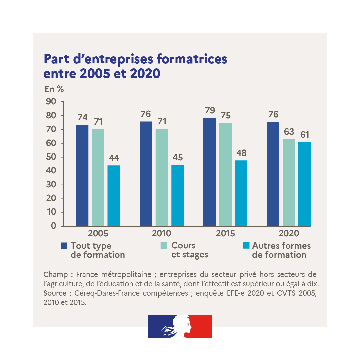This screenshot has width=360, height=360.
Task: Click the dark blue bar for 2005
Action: [82, 176]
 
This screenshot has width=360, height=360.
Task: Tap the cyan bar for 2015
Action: [241, 193]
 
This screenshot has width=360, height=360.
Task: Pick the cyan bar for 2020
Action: [304, 184]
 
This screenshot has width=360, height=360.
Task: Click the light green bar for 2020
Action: [289, 183]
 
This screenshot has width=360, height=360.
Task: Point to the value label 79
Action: [210, 110]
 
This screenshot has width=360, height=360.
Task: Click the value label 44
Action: [114, 158]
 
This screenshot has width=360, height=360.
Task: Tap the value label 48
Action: [241, 153]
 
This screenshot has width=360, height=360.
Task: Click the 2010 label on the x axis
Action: [161, 233]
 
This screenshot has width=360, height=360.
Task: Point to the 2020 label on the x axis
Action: [289, 233]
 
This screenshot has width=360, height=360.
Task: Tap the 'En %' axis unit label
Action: [54, 89]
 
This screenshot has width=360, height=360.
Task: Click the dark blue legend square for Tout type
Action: [64, 246]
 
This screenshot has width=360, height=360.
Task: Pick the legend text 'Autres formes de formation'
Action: [281, 250]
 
